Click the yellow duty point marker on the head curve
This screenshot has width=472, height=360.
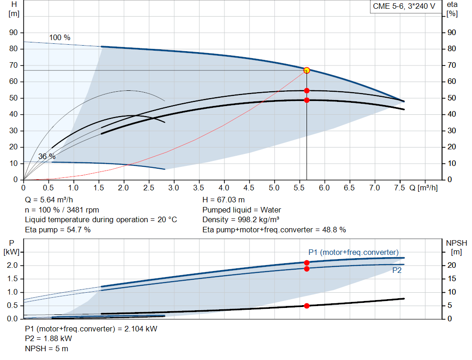click(307, 70)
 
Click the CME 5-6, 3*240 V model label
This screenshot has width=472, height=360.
click(404, 6)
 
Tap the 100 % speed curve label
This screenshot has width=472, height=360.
click(60, 37)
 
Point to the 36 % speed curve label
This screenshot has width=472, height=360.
click(47, 156)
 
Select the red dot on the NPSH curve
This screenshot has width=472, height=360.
click(307, 306)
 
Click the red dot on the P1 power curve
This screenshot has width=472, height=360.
click(307, 263)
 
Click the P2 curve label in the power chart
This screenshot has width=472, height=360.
click(396, 271)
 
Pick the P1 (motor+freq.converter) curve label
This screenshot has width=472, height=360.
click(353, 252)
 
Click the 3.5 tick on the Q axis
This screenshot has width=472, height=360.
click(199, 188)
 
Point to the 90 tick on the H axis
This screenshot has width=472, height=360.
click(14, 33)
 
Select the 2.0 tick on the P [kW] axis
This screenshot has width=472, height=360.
click(12, 266)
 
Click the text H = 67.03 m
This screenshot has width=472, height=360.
click(224, 200)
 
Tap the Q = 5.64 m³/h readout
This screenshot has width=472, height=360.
click(49, 200)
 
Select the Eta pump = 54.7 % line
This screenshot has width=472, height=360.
click(58, 230)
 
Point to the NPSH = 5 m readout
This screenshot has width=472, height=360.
click(47, 348)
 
